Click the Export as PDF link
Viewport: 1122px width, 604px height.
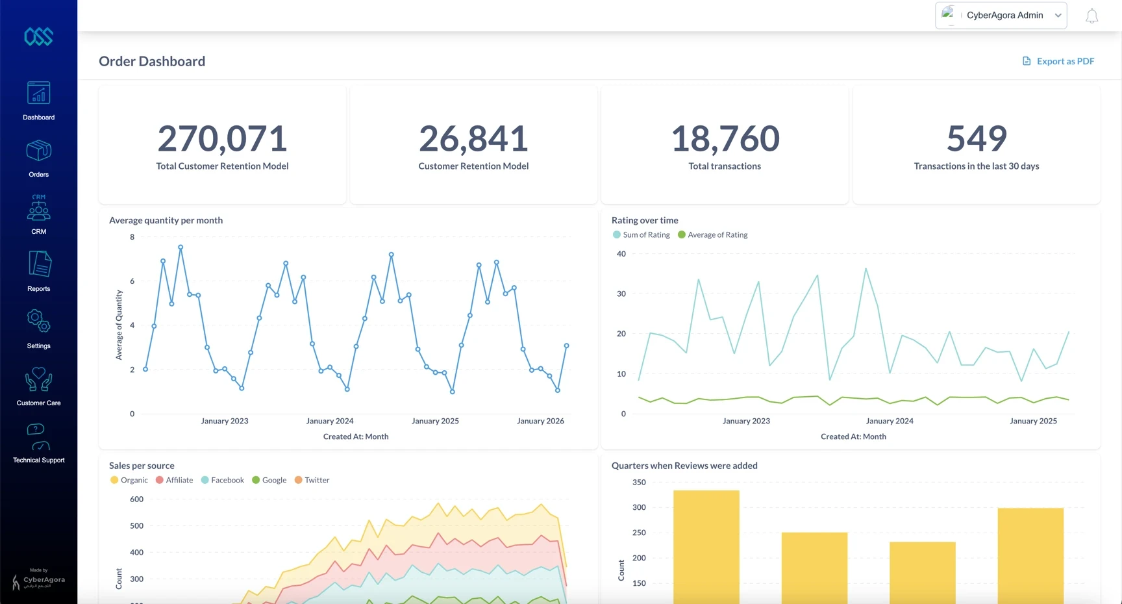(1058, 61)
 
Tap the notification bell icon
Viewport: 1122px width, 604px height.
(1091, 16)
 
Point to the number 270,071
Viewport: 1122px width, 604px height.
(222, 139)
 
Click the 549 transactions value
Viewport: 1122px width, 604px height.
(976, 139)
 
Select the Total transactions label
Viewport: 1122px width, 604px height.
(725, 166)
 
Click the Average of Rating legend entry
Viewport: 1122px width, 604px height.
(712, 235)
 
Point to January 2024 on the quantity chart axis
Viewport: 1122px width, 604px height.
(330, 421)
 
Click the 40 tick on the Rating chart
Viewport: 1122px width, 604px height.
(621, 254)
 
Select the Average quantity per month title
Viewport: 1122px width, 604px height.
(166, 220)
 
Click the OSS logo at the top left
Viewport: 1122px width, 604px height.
(38, 36)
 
